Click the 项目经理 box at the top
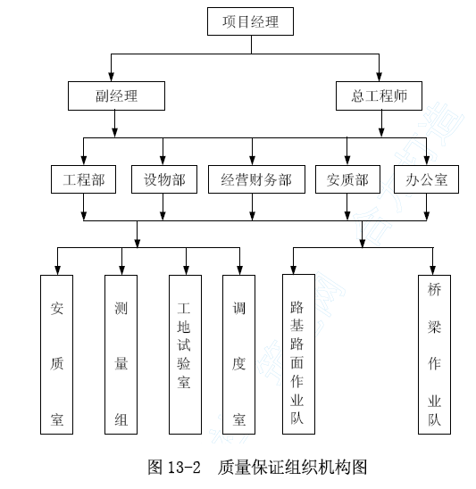pyautogui.click(x=250, y=21)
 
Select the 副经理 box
pyautogui.click(x=116, y=95)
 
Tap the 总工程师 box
pyautogui.click(x=379, y=95)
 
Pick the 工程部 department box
pyautogui.click(x=83, y=179)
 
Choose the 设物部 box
pyautogui.click(x=164, y=179)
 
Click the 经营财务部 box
pyautogui.click(x=256, y=179)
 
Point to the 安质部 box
pyautogui.click(x=347, y=179)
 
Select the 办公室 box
pyautogui.click(x=426, y=179)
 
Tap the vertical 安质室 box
pyautogui.click(x=56, y=354)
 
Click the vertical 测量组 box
pyautogui.click(x=121, y=354)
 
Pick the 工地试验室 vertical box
pyautogui.click(x=185, y=354)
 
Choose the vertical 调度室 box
pyautogui.click(x=238, y=354)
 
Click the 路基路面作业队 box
pyautogui.click(x=298, y=354)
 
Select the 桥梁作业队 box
pyautogui.click(x=434, y=354)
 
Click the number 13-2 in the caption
pyautogui.click(x=184, y=468)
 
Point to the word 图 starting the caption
pyautogui.click(x=155, y=468)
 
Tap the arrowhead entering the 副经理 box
pyautogui.click(x=111, y=77)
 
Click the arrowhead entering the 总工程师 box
pyautogui.click(x=379, y=77)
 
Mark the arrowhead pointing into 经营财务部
pyautogui.click(x=252, y=161)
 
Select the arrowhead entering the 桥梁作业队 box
pyautogui.click(x=432, y=270)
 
